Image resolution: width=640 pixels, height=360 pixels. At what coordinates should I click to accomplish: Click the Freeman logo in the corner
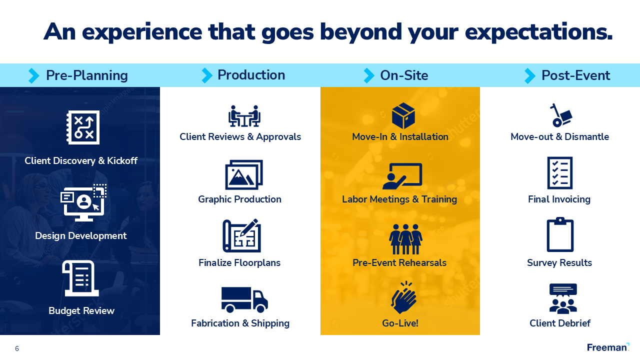[x=608, y=347]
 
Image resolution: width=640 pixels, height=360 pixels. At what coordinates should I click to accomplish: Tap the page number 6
[x=17, y=349]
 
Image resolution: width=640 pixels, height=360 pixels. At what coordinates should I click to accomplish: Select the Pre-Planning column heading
[x=86, y=75]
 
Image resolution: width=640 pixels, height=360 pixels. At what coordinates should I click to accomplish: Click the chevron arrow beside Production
[x=206, y=75]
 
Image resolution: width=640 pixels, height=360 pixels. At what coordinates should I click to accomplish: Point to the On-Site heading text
[x=404, y=75]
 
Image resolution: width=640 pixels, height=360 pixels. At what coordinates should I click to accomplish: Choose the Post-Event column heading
[x=575, y=75]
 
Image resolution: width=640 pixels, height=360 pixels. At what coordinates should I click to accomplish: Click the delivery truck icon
[x=244, y=299]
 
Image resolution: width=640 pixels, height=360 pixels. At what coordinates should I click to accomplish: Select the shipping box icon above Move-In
[x=403, y=116]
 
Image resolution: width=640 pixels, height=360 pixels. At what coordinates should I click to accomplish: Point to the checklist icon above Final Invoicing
[x=560, y=173]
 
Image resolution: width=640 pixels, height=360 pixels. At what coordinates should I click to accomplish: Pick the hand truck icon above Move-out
[x=560, y=115]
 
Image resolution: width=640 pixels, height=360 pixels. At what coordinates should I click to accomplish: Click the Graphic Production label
[x=239, y=199]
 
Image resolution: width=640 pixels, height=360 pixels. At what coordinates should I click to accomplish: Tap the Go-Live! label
[x=400, y=323]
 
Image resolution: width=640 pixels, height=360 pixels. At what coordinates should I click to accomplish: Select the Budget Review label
[x=81, y=311]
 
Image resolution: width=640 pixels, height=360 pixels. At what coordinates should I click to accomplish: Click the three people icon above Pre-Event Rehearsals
[x=405, y=239]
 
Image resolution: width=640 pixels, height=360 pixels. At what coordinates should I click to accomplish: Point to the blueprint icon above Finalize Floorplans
[x=241, y=236]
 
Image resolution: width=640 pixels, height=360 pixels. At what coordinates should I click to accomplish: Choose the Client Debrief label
[x=560, y=323]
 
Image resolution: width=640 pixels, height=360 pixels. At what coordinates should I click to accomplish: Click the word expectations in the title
[x=538, y=32]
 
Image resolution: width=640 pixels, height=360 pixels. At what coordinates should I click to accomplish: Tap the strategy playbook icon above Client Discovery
[x=83, y=127]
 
